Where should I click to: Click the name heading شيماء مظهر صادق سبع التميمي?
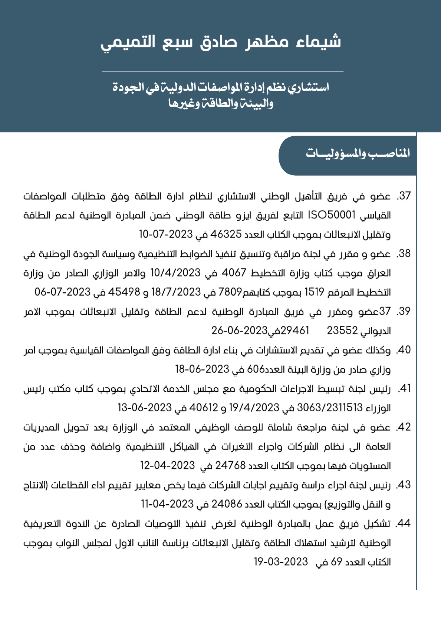(221, 42)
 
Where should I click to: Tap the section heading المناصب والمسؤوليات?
(358, 153)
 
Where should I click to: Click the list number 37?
(404, 196)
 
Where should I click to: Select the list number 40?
(404, 350)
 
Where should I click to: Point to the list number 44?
(403, 523)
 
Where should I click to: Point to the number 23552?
(342, 331)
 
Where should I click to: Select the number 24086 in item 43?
(227, 504)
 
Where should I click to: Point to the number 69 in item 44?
(336, 562)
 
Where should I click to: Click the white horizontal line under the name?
(223, 71)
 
